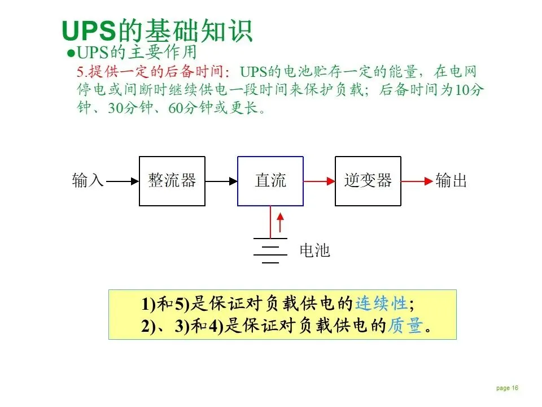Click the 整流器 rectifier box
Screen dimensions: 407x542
click(x=172, y=181)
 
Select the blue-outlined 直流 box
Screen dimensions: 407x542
click(x=270, y=181)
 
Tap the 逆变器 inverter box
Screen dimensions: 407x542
click(x=368, y=181)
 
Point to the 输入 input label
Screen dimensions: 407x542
click(x=88, y=181)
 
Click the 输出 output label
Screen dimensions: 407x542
click(x=451, y=181)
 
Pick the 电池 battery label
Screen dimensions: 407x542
click(x=314, y=250)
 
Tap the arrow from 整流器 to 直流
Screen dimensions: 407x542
click(x=221, y=181)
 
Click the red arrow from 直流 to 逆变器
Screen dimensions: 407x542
click(x=319, y=181)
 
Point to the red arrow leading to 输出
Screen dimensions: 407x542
click(x=417, y=181)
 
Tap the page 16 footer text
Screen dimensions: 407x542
click(x=507, y=388)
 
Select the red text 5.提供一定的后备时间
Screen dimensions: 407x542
click(x=152, y=72)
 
